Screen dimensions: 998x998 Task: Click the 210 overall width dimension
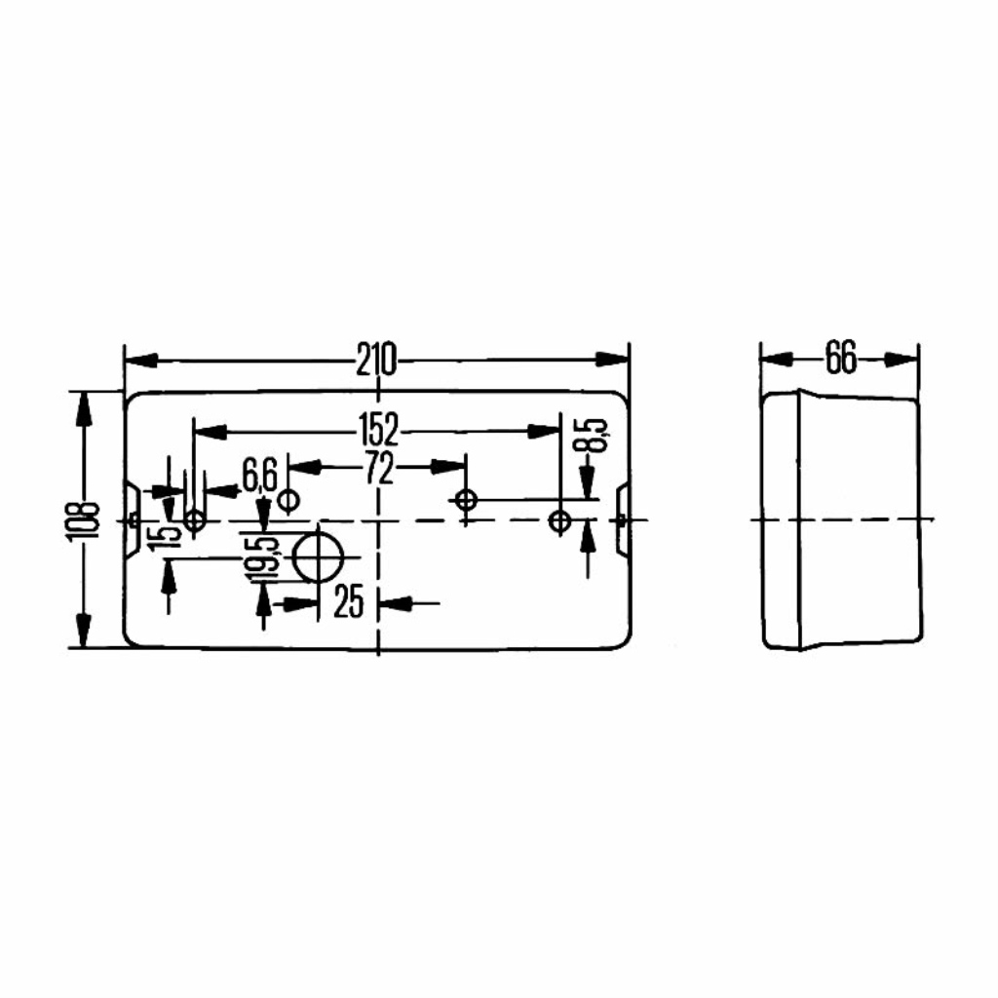[x=375, y=360]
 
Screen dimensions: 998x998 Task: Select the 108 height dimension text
[x=84, y=521]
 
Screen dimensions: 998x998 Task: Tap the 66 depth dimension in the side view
[x=841, y=358]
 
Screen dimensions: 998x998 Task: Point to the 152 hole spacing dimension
[x=378, y=430]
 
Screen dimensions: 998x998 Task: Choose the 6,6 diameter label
[x=259, y=476]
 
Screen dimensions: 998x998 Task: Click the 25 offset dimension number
[x=348, y=601]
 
